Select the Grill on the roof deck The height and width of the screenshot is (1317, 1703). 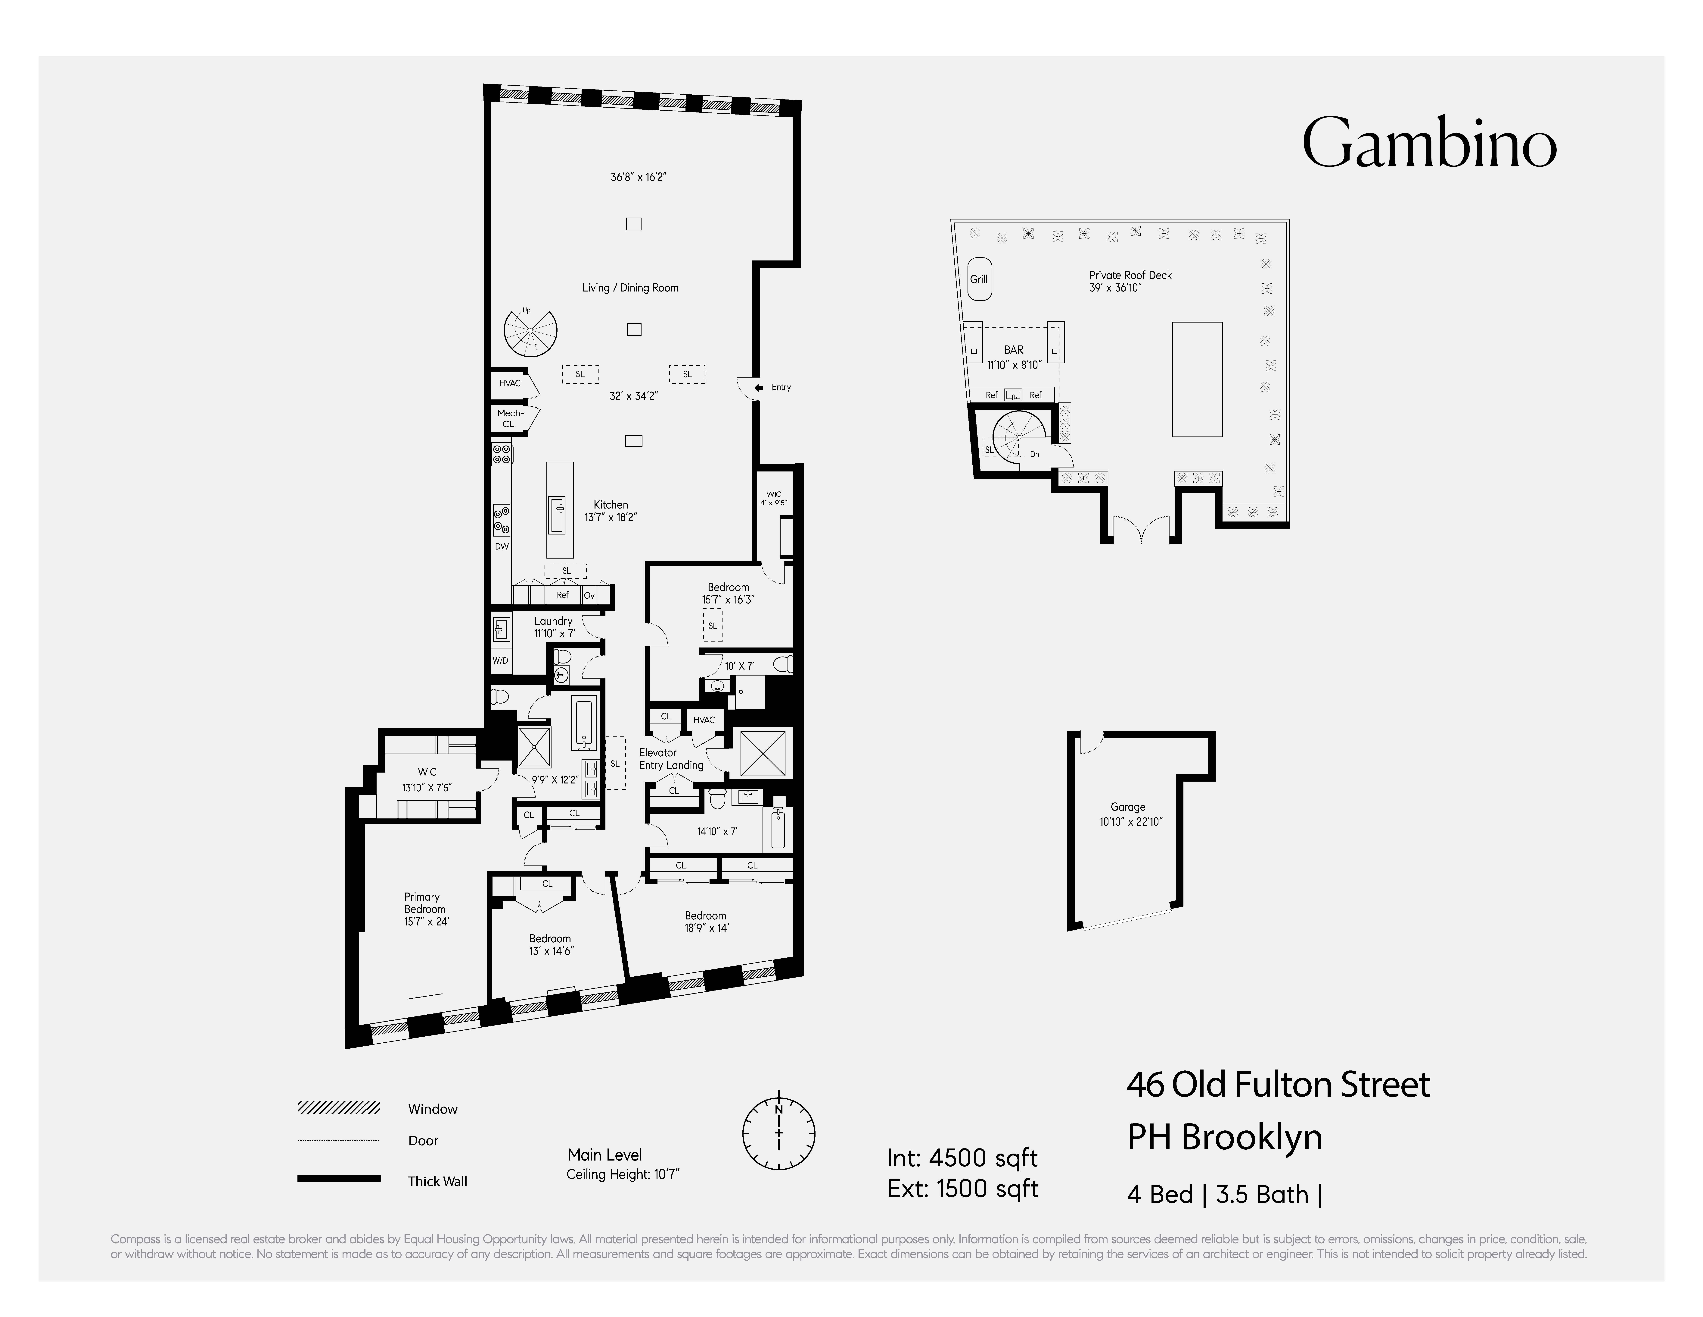(x=979, y=279)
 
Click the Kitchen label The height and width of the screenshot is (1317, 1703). (x=611, y=505)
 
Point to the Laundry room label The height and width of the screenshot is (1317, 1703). (x=553, y=621)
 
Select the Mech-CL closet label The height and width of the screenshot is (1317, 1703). (x=509, y=418)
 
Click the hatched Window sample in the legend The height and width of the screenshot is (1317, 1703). (x=338, y=1108)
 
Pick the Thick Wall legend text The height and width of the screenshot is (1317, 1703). (x=437, y=1181)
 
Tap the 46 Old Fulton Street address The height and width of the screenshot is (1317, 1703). (x=1278, y=1085)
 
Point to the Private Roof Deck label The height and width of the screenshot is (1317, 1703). (x=1130, y=275)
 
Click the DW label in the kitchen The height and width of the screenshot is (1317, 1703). (x=501, y=546)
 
